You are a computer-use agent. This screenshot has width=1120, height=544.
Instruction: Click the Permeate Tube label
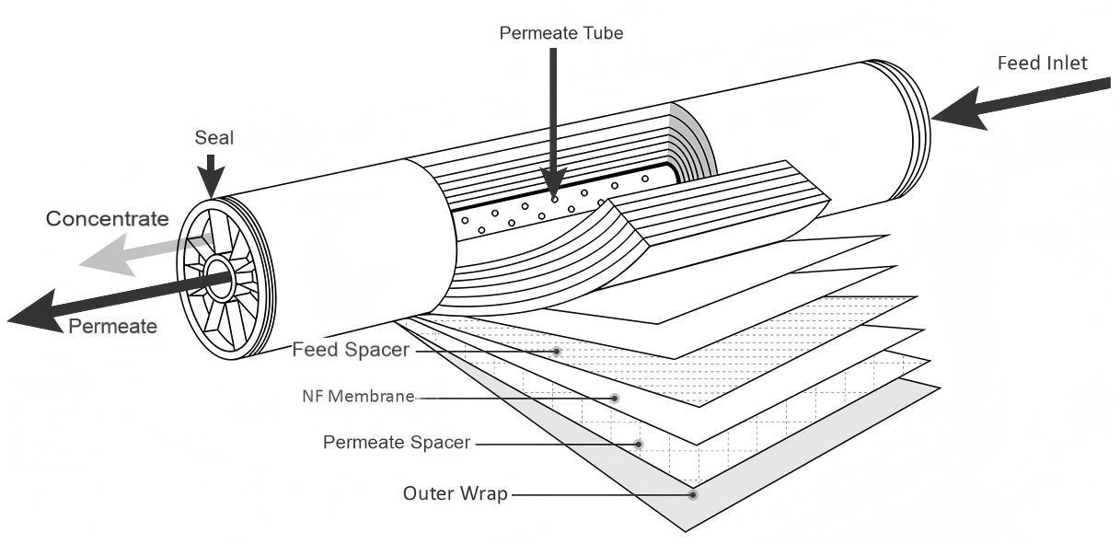[x=560, y=33]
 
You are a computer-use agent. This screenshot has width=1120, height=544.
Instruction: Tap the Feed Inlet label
[x=1042, y=64]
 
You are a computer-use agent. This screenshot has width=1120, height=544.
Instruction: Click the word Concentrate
[x=108, y=219]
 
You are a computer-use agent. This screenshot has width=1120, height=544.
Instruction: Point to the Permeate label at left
[x=112, y=326]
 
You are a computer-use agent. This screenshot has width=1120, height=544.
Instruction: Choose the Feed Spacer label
[x=350, y=351]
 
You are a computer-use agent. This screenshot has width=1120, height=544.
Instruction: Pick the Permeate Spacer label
[x=397, y=443]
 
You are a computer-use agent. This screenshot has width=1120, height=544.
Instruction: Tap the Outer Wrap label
[x=456, y=493]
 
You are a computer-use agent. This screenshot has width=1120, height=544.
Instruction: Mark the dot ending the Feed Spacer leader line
[x=557, y=352]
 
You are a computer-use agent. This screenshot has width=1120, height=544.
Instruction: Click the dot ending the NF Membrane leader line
[x=615, y=398]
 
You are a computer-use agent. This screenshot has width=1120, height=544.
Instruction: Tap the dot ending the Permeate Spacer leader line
[x=640, y=444]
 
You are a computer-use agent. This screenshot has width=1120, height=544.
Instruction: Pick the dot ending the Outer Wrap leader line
[x=692, y=494]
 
